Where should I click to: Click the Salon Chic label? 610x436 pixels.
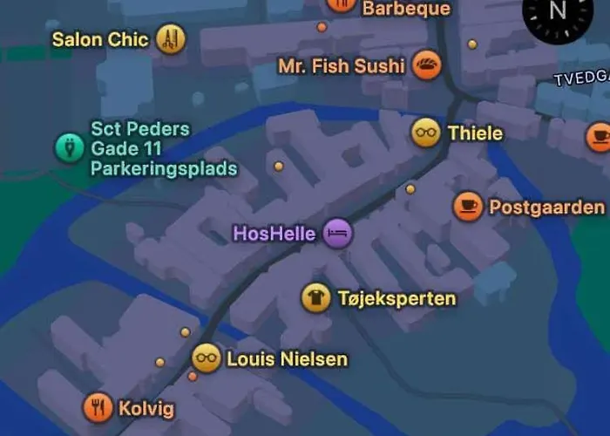click(x=100, y=39)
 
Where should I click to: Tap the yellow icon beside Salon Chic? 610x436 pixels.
click(x=171, y=38)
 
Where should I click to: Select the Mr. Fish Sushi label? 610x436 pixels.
click(x=342, y=65)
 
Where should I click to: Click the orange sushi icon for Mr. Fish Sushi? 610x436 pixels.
click(x=426, y=65)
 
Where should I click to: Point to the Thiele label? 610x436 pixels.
click(x=475, y=133)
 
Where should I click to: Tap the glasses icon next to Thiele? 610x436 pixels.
click(x=425, y=133)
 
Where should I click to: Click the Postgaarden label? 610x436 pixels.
click(x=546, y=208)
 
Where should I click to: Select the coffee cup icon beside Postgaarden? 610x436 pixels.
click(x=468, y=207)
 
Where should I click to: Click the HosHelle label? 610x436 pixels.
click(x=274, y=234)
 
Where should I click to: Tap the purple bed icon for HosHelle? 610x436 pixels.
click(x=337, y=233)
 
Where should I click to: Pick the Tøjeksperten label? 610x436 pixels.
click(x=396, y=299)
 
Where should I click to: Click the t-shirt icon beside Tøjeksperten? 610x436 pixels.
click(x=315, y=298)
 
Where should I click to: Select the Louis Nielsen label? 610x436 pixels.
click(x=287, y=359)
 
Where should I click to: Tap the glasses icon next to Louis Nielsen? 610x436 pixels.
click(x=207, y=358)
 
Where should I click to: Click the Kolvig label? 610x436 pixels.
click(x=146, y=409)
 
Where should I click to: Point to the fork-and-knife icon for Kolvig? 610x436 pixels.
click(x=98, y=407)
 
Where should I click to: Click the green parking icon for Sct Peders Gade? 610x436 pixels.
click(x=66, y=147)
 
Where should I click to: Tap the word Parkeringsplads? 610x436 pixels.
click(x=164, y=168)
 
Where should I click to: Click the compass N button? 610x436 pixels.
click(x=558, y=12)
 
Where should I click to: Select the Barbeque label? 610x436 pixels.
click(x=406, y=9)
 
